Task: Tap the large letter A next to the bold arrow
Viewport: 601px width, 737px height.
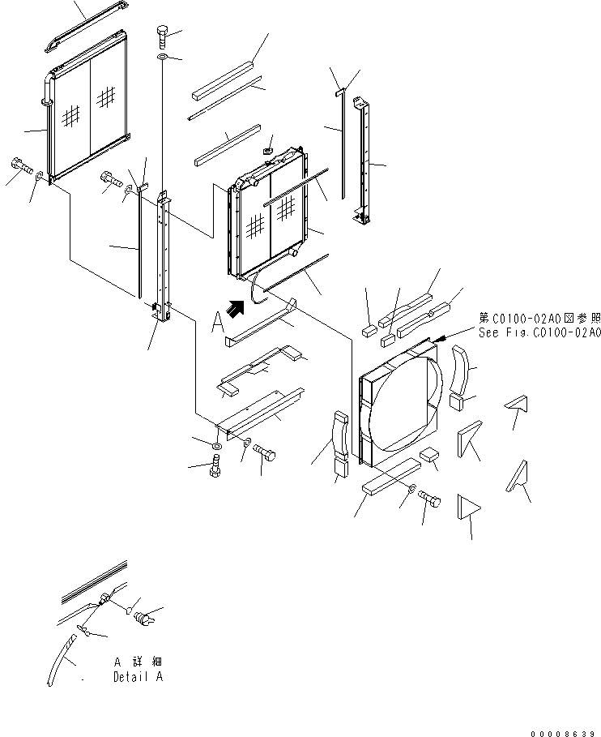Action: click(216, 323)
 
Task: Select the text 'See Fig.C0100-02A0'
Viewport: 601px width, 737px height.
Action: click(539, 333)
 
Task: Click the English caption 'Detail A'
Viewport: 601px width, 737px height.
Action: click(139, 677)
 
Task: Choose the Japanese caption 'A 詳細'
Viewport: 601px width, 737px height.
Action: click(139, 662)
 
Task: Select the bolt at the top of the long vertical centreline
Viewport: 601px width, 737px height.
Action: click(162, 35)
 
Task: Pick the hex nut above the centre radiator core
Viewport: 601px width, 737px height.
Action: click(268, 151)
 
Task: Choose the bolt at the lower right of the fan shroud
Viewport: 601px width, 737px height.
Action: click(430, 505)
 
